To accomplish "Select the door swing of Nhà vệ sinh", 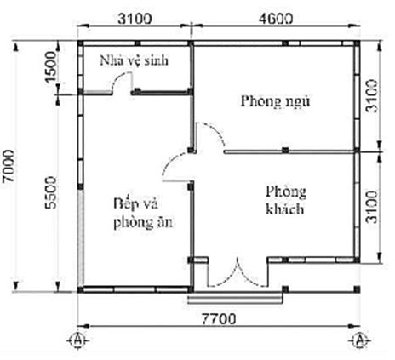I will [122, 83].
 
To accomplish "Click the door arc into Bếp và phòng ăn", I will [177, 168].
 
